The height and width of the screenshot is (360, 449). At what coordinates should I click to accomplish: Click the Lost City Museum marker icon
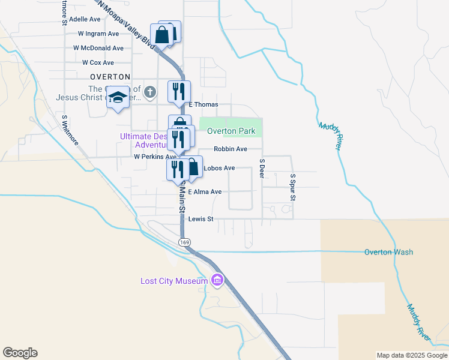coord(217,280)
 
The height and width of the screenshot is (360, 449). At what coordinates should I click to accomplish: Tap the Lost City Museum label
coord(174,281)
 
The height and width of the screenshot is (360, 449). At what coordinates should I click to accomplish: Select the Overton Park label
coord(231,131)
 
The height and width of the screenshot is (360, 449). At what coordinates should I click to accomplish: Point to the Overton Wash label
coord(388,252)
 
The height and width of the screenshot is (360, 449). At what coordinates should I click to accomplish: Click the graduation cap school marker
coord(118,98)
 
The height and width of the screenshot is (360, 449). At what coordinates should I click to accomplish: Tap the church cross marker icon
coord(150,93)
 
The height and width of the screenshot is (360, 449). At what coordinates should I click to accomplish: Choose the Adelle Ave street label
coord(85,19)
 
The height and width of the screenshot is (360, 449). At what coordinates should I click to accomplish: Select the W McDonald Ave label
coord(98,48)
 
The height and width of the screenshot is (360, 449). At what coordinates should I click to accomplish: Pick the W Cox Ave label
coord(98,62)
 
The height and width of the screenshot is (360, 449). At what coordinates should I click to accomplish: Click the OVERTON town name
coord(110,77)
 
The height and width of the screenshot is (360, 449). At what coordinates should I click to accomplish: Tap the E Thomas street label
coord(203,104)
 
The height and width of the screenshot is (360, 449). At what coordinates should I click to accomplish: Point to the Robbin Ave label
coord(231,149)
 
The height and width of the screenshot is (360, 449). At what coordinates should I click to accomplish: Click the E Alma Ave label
coord(205,192)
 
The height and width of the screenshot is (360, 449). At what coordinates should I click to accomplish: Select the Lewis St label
coord(201,220)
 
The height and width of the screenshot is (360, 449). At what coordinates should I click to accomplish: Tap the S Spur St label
coord(293,187)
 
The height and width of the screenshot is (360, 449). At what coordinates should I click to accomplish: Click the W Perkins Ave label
coord(154,156)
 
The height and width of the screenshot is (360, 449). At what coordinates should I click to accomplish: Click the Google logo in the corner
coord(20,353)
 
